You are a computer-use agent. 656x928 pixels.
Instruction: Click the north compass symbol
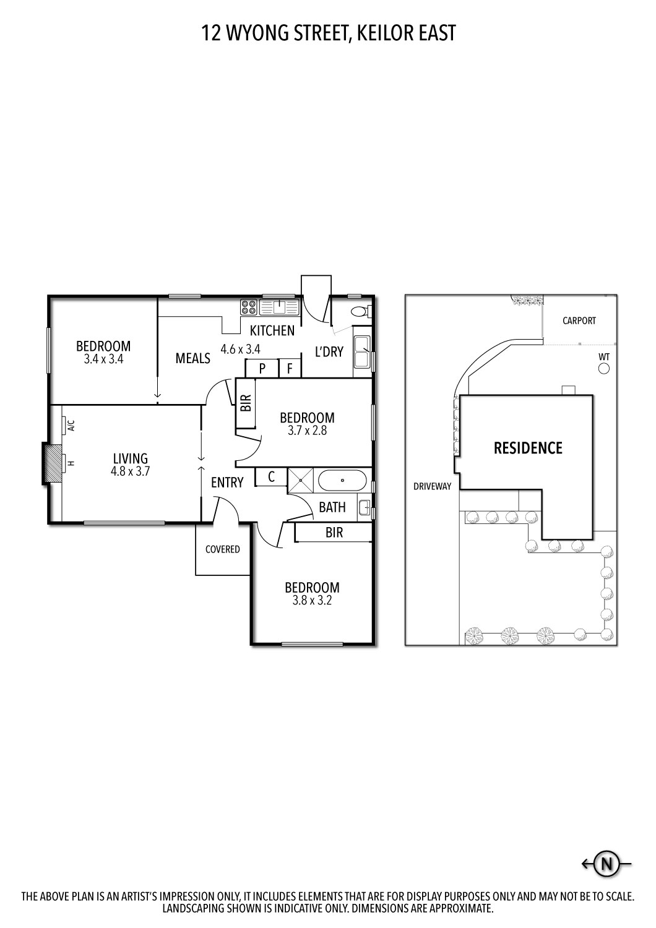point(607,864)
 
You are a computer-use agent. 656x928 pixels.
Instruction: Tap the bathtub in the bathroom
point(342,480)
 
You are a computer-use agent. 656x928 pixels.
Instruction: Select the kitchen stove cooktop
point(249,307)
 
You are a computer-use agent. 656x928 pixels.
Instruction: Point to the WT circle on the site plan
point(604,369)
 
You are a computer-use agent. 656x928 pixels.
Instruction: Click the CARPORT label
point(579,320)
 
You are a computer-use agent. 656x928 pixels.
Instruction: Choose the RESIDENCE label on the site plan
point(528,448)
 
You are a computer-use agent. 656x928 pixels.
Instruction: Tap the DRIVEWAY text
point(432,486)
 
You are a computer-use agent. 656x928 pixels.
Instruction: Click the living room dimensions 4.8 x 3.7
point(131,470)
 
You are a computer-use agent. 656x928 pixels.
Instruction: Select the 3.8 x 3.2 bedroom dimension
point(312,599)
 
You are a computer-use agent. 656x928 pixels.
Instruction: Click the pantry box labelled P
point(262,369)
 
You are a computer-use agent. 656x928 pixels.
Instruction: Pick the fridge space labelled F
point(290,369)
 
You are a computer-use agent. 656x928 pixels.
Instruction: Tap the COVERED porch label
point(222,549)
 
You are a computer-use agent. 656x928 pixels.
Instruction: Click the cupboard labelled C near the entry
point(271,477)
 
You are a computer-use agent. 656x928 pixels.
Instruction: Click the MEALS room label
point(192,358)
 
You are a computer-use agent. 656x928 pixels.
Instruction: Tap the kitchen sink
point(279,306)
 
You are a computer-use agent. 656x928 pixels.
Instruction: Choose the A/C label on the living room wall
point(71,426)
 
